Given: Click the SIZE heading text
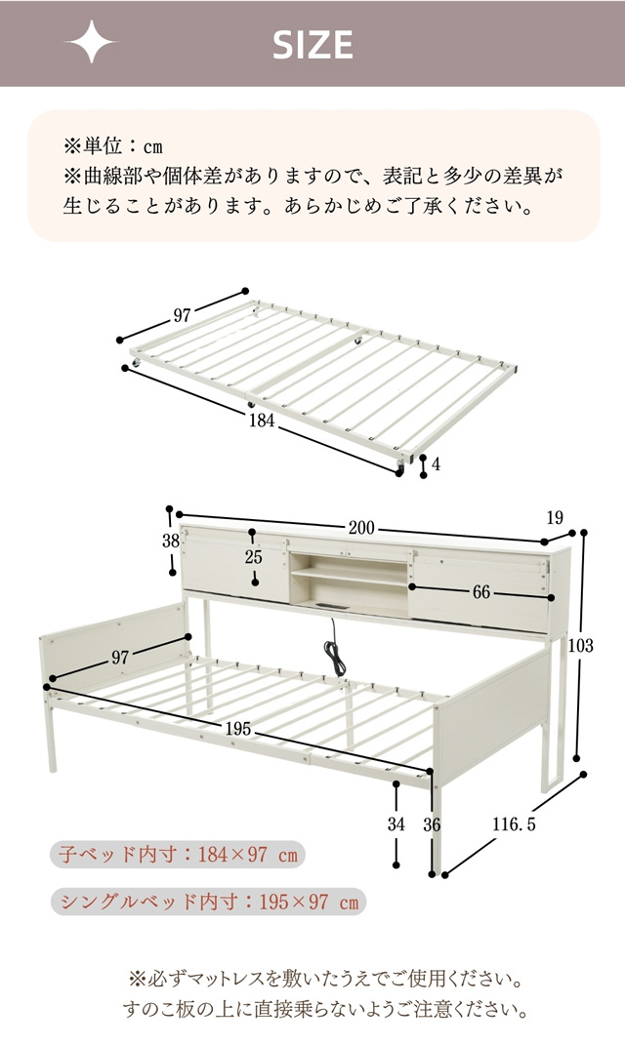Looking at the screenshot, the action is click(312, 45).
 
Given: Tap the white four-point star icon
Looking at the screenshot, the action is click(90, 42).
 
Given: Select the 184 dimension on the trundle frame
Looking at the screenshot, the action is click(262, 421).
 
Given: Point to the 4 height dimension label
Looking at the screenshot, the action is click(437, 463).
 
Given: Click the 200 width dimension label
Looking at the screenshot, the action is click(361, 528).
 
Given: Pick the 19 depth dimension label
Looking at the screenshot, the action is click(555, 517).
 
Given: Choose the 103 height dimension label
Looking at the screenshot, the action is click(580, 644).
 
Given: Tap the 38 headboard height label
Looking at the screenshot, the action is click(172, 541).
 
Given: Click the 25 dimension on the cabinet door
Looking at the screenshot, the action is click(253, 556).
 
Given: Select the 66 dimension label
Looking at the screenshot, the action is click(480, 592).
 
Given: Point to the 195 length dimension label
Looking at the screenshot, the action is click(238, 729).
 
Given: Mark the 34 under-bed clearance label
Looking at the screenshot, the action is click(396, 824).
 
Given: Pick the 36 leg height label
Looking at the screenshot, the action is click(432, 824).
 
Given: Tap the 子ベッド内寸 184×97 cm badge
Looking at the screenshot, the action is click(178, 855).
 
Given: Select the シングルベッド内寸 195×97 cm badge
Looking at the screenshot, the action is click(208, 902).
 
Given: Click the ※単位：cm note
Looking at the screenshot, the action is click(112, 146).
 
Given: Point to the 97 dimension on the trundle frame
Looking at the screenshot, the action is click(182, 315).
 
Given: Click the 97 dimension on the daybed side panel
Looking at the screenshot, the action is click(120, 657).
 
